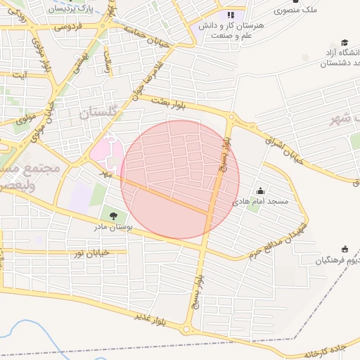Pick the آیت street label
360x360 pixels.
pos(21,74)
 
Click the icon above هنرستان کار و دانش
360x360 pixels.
pos(231,15)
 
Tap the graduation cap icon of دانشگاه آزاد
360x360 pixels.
pos(344,42)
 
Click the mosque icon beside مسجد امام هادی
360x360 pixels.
pos(261,191)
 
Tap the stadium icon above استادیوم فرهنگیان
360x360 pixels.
pos(345,249)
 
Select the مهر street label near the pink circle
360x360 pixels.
pos(105,172)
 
